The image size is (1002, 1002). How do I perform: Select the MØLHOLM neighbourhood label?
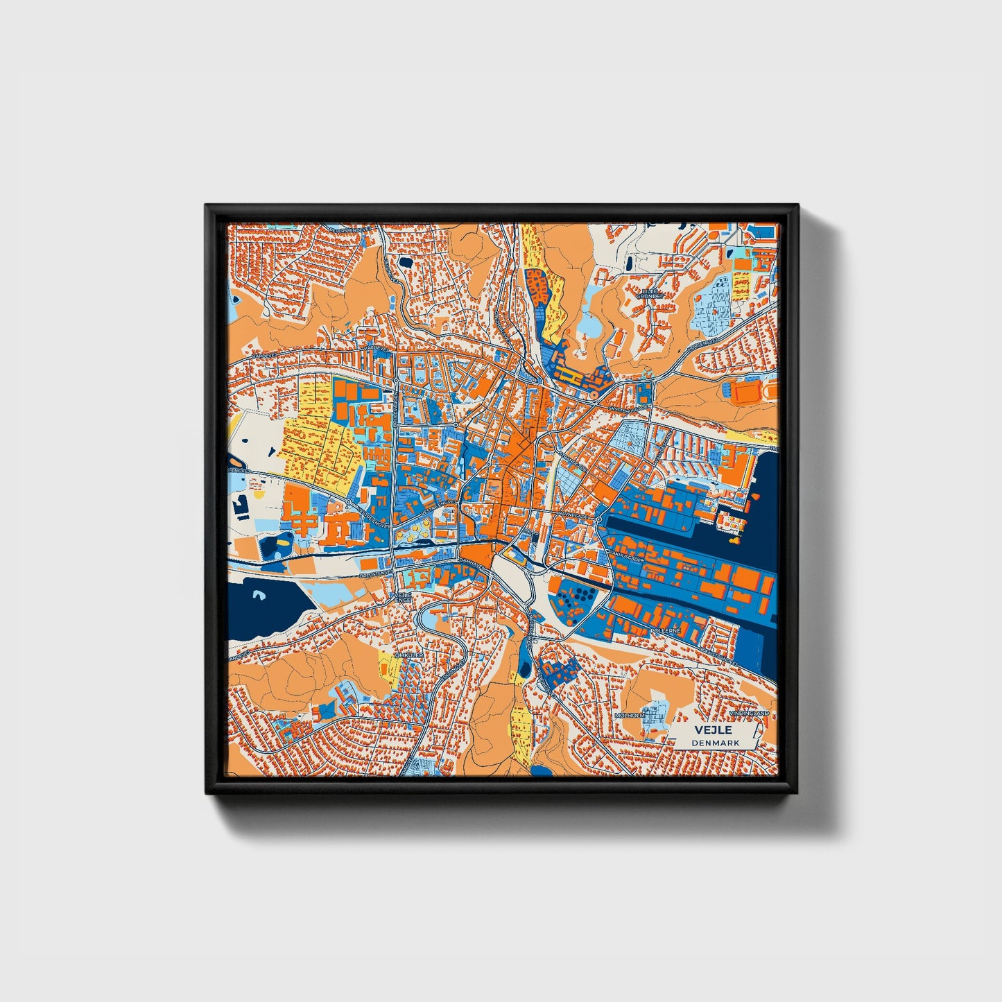pyautogui.click(x=630, y=715)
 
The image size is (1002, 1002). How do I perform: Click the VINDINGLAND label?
pyautogui.click(x=749, y=713)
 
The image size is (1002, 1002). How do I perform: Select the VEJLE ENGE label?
pyautogui.click(x=402, y=598)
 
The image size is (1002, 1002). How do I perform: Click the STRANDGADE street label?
pyautogui.click(x=718, y=653)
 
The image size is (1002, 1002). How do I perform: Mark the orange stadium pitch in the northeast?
pyautogui.click(x=748, y=393)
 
